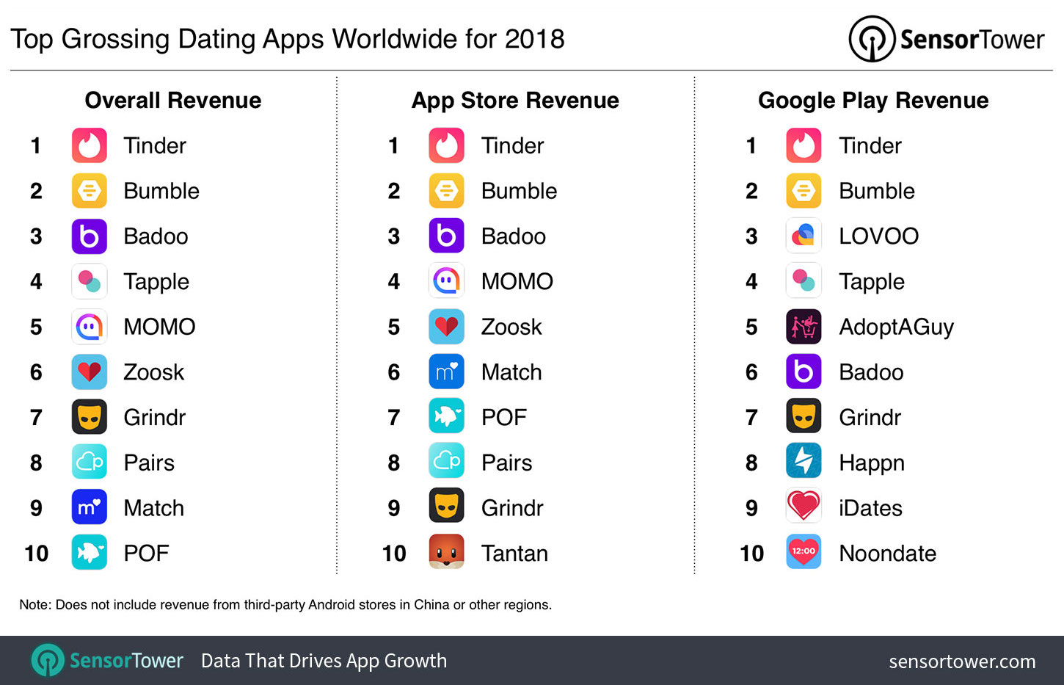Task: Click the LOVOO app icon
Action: click(804, 236)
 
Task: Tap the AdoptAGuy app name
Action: click(896, 327)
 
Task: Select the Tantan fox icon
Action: click(446, 552)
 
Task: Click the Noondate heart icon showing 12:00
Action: click(804, 552)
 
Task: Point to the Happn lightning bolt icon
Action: click(804, 462)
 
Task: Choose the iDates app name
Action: click(870, 508)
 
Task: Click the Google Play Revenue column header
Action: click(873, 101)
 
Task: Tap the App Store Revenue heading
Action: click(515, 101)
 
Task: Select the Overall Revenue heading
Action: click(173, 101)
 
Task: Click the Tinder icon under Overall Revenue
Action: click(90, 145)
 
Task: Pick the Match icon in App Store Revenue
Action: click(446, 372)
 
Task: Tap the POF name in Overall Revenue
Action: click(146, 553)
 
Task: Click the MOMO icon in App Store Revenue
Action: click(446, 281)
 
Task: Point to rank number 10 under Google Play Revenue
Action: click(751, 553)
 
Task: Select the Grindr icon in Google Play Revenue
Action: click(804, 417)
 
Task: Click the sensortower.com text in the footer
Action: click(962, 662)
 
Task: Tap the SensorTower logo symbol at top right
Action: click(871, 39)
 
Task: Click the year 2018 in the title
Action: click(535, 39)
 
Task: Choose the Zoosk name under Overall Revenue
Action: click(153, 372)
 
